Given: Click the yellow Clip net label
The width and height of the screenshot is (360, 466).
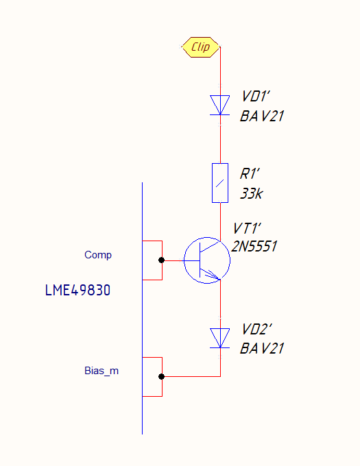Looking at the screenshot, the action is pos(201,47).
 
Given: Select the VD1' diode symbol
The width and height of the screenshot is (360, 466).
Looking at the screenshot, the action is pos(220,105).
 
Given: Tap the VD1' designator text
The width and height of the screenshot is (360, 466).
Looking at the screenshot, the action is pos(255,97).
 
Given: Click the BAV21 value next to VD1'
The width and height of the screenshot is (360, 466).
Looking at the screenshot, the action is pos(262,116).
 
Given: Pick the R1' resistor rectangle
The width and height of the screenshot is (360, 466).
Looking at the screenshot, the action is pos(220,183).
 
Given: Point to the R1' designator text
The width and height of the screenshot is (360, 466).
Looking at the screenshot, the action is pos(250,174).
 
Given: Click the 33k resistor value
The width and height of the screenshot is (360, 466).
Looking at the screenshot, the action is pos(252,193).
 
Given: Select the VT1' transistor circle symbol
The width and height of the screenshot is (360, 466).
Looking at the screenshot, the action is pos(207,260).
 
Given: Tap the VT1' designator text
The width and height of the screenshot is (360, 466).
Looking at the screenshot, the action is pos(247,228).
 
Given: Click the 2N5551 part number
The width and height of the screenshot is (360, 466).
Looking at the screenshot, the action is pos(254,247).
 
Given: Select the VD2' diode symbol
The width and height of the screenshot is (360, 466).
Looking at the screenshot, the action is pos(220,338).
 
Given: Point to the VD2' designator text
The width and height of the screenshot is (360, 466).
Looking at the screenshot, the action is pos(256,330).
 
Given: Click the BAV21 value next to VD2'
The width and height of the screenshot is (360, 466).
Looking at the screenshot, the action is pos(262,349).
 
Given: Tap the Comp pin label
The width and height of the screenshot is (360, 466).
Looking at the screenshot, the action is pos(98,255).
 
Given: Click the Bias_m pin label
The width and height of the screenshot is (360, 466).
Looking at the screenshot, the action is pos(101,371).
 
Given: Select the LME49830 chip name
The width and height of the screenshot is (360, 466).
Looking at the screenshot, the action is pos(77,290).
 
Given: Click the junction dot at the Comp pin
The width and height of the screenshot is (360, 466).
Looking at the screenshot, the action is pos(161,260).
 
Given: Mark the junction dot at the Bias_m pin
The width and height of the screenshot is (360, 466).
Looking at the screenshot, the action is pos(161,376).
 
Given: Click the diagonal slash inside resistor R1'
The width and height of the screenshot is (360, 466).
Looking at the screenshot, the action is pos(219,184).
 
